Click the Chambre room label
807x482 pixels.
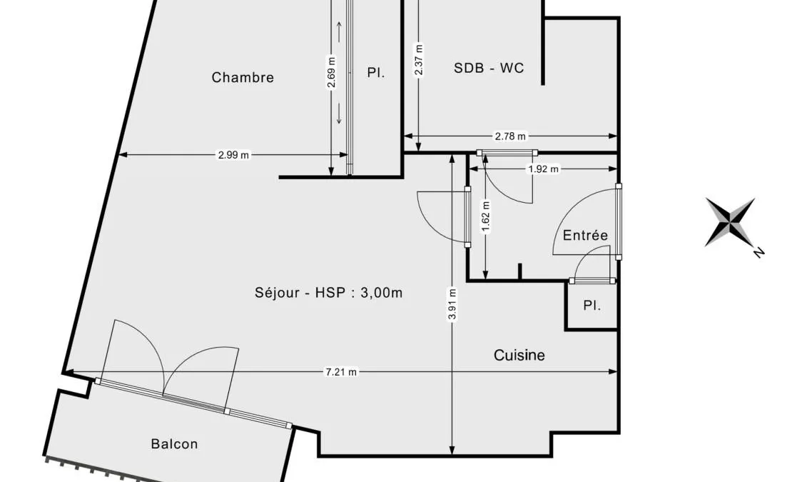point(243,78)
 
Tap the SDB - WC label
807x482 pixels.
point(489,68)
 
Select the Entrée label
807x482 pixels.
point(585,236)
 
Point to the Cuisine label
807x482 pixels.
point(519,356)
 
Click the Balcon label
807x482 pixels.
point(175,444)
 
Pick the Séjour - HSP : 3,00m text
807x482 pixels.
point(328,293)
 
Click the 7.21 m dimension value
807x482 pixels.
point(341,372)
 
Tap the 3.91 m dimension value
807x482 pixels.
point(452,304)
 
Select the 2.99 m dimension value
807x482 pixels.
point(233,154)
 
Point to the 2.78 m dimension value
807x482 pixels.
point(511,136)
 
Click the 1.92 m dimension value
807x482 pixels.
point(544,169)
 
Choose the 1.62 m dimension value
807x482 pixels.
point(486,217)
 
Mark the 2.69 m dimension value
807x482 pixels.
point(332,72)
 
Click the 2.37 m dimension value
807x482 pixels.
point(419,60)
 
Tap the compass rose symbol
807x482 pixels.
point(730,222)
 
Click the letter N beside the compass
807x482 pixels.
point(758,252)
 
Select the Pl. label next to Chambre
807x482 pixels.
point(376,73)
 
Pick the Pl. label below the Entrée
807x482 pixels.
point(592,306)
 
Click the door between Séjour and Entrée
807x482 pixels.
point(443,216)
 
